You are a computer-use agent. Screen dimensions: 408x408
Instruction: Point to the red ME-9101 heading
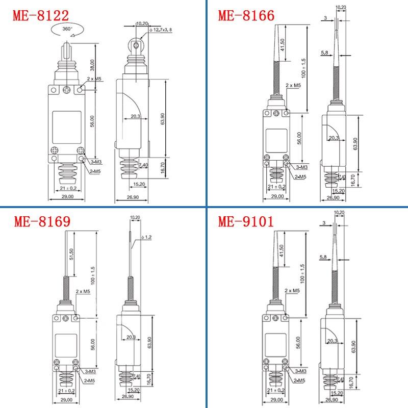(x=246, y=222)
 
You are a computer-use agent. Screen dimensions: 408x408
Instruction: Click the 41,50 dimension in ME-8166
(x=283, y=47)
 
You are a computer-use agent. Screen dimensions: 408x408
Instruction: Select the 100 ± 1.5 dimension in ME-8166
(x=304, y=75)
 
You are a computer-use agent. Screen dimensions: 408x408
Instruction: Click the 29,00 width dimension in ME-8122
(x=67, y=196)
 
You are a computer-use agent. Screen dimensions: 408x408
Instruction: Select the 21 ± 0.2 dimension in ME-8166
(x=276, y=187)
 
